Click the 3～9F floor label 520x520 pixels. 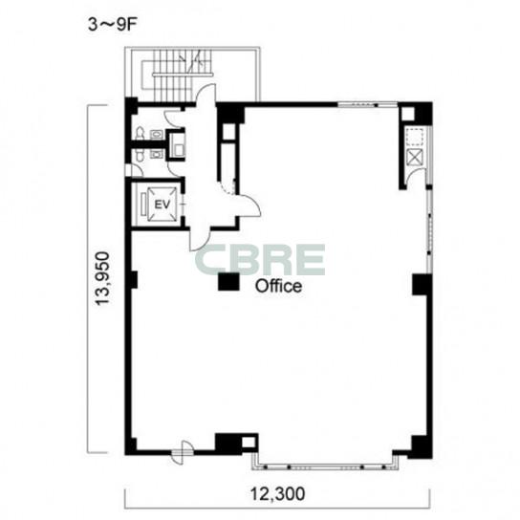pyautogui.click(x=112, y=25)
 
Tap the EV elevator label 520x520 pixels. pyautogui.click(x=162, y=205)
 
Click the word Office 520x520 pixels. pyautogui.click(x=278, y=286)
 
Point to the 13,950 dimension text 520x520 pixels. pyautogui.click(x=102, y=278)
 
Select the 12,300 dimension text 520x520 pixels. pyautogui.click(x=277, y=494)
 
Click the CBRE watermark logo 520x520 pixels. pyautogui.click(x=260, y=260)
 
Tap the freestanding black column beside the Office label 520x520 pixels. pyautogui.click(x=228, y=282)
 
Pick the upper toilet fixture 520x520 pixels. pyautogui.click(x=140, y=133)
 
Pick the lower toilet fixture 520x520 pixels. pyautogui.click(x=140, y=155)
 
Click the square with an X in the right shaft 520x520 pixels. pyautogui.click(x=415, y=157)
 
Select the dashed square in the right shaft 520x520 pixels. pyautogui.click(x=415, y=137)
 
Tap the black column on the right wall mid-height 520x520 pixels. pyautogui.click(x=422, y=285)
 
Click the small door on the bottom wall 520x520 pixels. pyautogui.click(x=182, y=452)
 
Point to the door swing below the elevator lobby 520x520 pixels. pyautogui.click(x=200, y=239)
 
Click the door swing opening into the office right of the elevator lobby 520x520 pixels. pyautogui.click(x=249, y=206)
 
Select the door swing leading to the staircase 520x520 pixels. pyautogui.click(x=206, y=95)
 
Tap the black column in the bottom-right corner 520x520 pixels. pyautogui.click(x=422, y=447)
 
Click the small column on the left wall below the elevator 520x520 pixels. pyautogui.click(x=133, y=280)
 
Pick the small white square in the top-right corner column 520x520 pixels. pyautogui.click(x=408, y=114)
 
